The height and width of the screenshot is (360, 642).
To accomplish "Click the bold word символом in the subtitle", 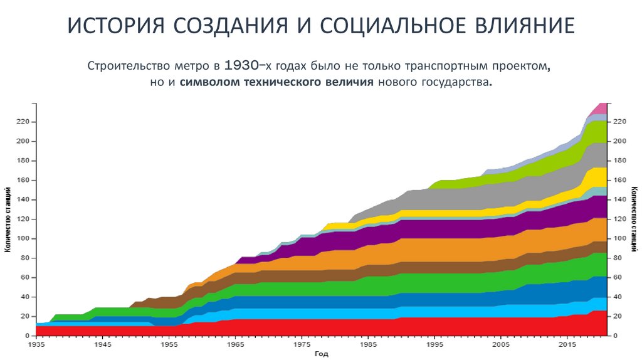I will (208, 83).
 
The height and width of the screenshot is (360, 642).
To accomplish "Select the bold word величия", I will (349, 83).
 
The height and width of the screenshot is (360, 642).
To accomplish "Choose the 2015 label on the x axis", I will (567, 344).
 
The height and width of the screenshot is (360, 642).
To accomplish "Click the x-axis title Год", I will (321, 354).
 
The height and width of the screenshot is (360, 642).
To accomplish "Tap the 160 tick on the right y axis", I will (619, 181).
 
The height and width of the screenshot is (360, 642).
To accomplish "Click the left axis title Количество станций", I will (8, 219).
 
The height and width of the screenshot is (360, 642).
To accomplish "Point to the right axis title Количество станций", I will (634, 219).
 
